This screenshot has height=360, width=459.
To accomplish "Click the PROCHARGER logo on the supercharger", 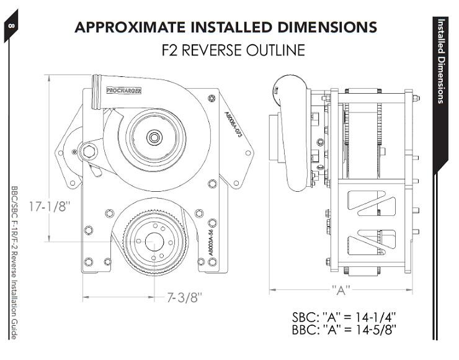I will [124, 90].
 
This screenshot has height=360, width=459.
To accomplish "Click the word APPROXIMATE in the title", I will [133, 27].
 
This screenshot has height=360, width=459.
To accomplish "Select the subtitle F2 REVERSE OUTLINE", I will [233, 50].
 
